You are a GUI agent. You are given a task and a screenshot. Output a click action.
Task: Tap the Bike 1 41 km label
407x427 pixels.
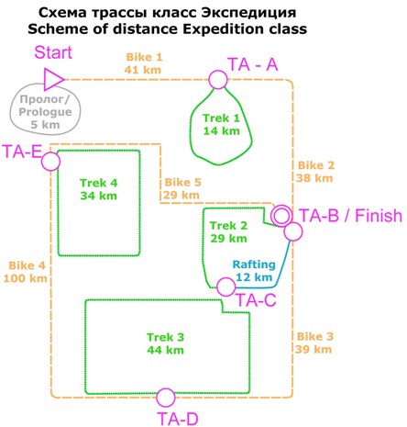tap(143, 63)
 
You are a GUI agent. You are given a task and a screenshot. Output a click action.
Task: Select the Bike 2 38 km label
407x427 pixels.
tap(315, 172)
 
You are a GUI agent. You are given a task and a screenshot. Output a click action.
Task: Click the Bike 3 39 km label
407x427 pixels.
tap(314, 343)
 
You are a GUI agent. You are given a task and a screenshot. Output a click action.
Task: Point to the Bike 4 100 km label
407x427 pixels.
tap(25, 272)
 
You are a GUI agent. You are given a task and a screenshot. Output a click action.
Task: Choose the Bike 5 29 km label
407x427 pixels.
tap(181, 188)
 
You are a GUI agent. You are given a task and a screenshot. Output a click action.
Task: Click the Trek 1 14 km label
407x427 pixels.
tap(221, 125)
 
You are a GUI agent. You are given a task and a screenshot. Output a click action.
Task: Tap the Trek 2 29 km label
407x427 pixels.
tap(228, 232)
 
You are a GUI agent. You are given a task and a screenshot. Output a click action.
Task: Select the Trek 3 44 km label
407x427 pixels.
tap(166, 343)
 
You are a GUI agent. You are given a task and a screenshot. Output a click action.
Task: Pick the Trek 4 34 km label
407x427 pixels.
tap(99, 189)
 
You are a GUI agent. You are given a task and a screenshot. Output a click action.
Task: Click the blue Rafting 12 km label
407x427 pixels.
tap(254, 271)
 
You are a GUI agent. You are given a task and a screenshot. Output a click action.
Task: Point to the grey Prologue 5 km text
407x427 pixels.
tap(45, 112)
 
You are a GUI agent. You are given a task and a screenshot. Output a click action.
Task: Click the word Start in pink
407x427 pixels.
tap(53, 52)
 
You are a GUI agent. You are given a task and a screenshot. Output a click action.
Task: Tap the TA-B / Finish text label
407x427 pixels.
tap(351, 216)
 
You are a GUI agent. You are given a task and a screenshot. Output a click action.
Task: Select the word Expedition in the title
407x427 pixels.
tap(223, 29)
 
